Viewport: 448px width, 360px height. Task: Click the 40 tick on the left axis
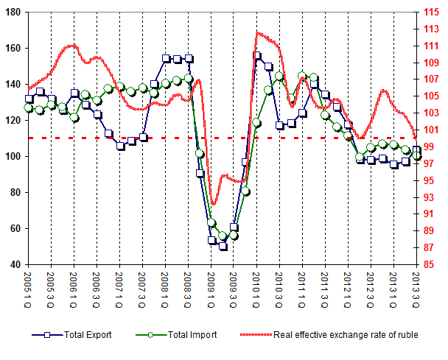click(x=17, y=264)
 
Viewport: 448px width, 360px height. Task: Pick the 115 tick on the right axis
click(x=431, y=12)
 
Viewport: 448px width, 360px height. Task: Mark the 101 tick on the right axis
click(x=431, y=130)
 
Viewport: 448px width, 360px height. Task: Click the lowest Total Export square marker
click(x=223, y=246)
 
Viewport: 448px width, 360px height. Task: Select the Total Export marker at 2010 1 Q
click(x=257, y=56)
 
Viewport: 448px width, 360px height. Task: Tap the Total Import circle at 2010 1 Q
click(x=257, y=123)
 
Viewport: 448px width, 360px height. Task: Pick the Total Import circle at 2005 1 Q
click(x=29, y=107)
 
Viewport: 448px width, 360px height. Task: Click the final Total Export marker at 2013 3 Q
click(x=417, y=150)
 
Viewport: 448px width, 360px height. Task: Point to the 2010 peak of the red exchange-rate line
click(x=259, y=32)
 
